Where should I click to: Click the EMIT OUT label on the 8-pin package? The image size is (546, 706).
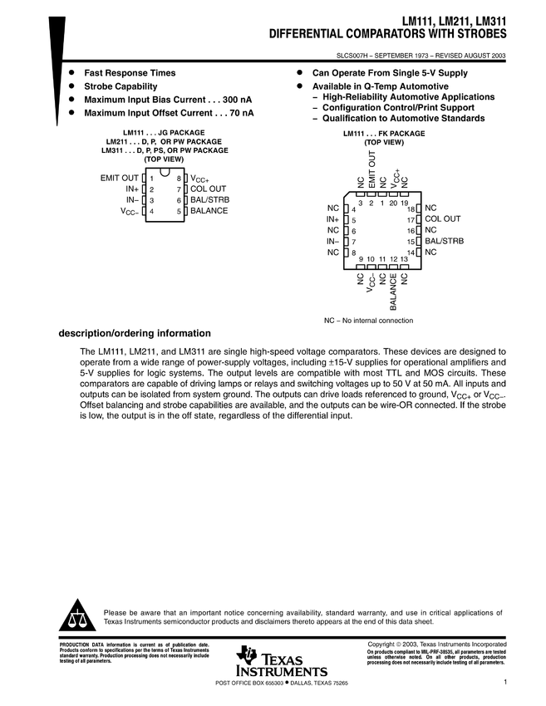pos(120,178)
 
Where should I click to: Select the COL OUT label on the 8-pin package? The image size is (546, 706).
pos(209,189)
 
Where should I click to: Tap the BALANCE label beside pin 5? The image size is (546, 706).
pos(209,212)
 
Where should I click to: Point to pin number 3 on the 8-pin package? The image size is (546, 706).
pos(152,201)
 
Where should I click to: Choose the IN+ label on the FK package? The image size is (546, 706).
pos(333,219)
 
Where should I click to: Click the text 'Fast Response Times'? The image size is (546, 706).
pos(133,73)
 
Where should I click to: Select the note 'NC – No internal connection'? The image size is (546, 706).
pos(367,321)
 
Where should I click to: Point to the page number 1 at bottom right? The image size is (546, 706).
pos(505,683)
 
